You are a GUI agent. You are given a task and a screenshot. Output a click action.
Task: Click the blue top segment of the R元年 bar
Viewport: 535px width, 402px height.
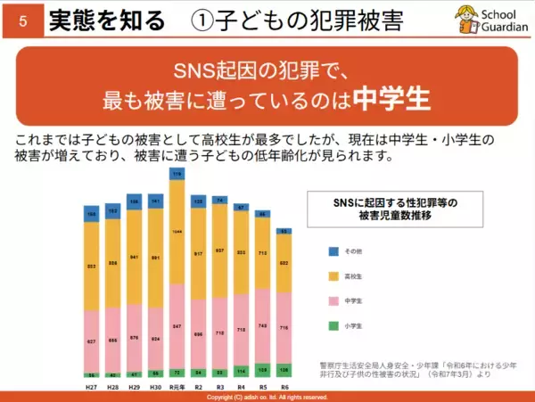tap(177, 175)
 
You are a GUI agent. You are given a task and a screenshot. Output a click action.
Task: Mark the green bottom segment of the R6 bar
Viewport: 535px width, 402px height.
tap(284, 369)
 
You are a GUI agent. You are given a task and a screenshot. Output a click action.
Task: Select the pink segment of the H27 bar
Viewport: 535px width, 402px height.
tap(91, 340)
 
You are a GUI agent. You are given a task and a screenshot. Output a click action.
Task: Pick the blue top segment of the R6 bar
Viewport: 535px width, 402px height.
tap(284, 231)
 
